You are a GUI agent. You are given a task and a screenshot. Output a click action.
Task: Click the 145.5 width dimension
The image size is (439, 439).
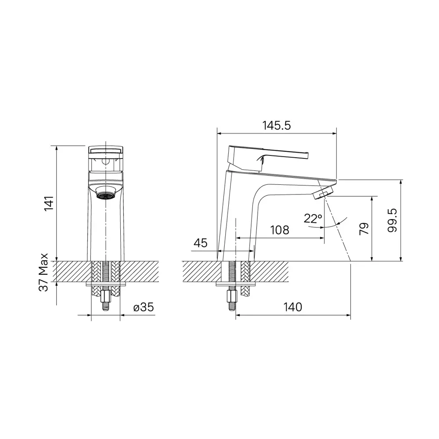tap(277, 126)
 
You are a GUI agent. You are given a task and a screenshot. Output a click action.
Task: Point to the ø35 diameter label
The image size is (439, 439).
tap(144, 307)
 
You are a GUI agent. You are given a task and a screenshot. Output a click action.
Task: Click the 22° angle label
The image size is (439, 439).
tap(313, 218)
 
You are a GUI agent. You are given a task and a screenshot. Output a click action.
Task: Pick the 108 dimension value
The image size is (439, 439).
tap(279, 230)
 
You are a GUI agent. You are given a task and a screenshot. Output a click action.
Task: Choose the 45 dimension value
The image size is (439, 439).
tap(201, 243)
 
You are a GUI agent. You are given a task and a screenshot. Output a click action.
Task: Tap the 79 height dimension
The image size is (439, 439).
tap(364, 229)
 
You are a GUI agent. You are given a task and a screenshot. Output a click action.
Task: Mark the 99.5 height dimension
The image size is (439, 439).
tap(393, 220)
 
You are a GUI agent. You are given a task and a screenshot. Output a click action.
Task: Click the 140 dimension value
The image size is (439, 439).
tap(292, 307)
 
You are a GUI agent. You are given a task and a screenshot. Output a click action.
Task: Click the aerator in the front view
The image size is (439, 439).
tap(105, 195)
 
